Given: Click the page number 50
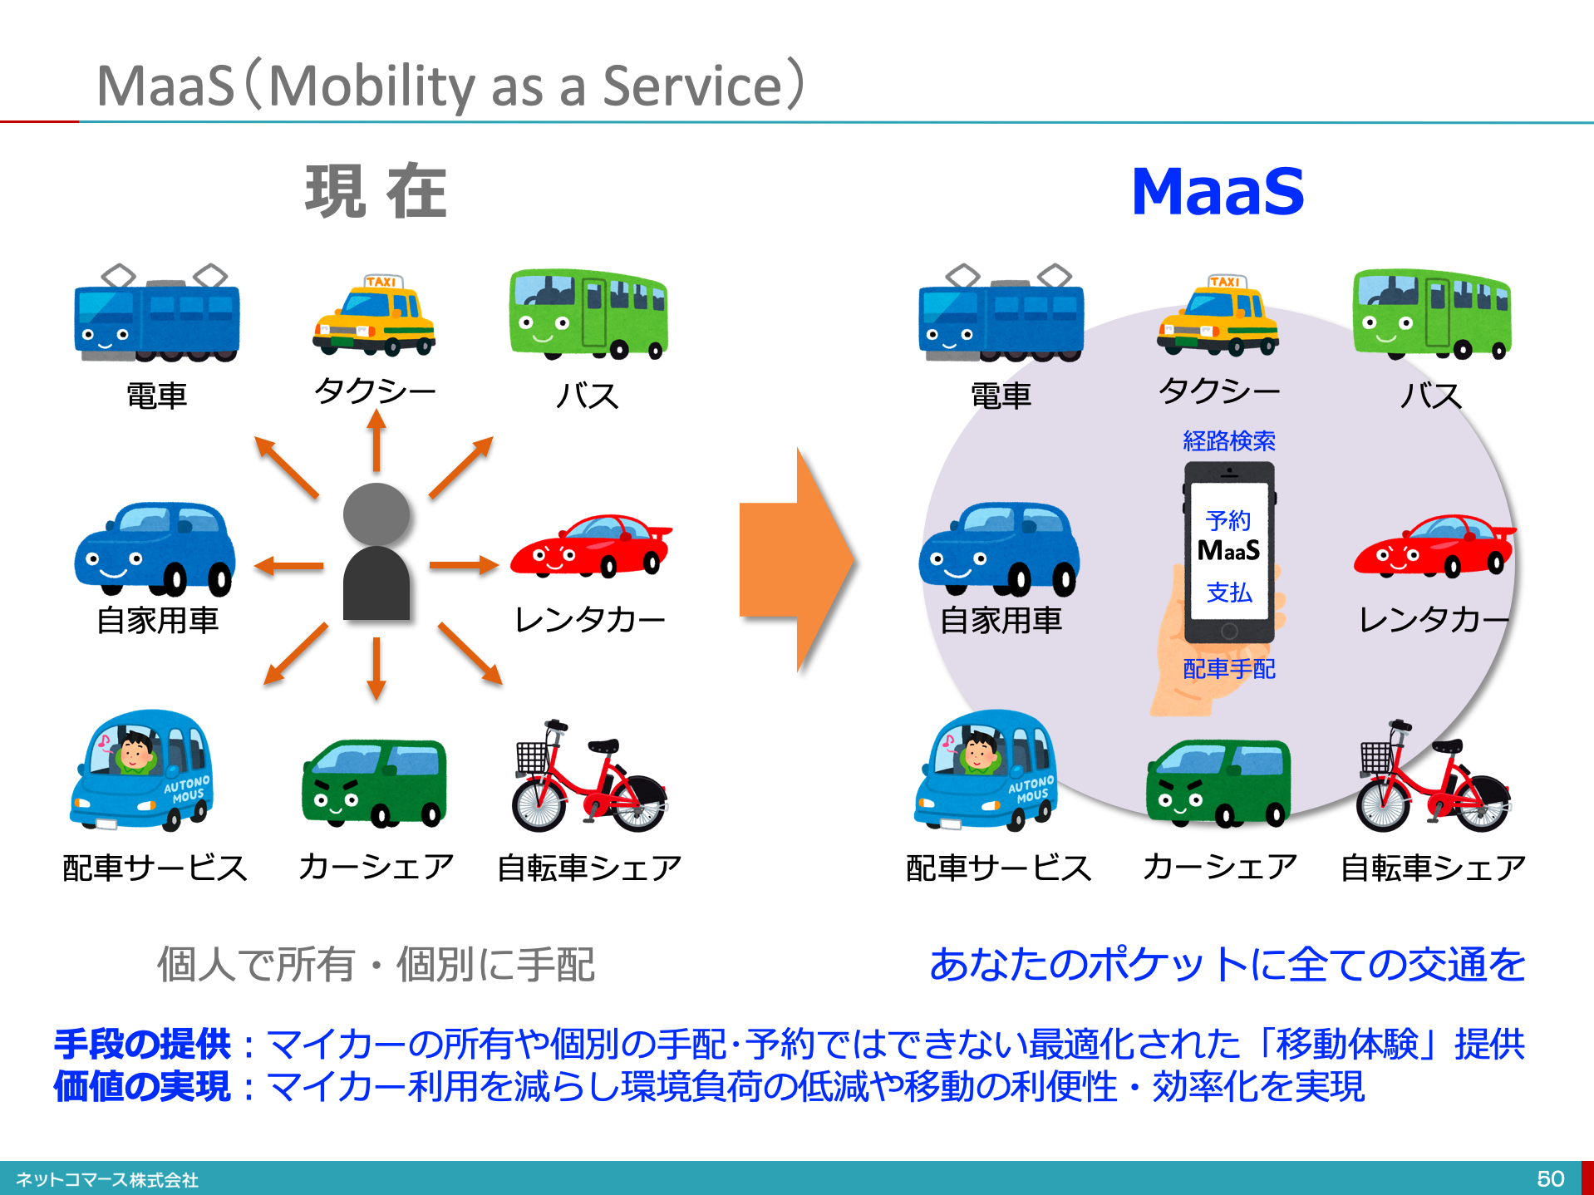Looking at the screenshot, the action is click(1550, 1178).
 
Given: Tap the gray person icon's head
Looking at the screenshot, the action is click(376, 514).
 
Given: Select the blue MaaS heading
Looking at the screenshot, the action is click(1218, 192).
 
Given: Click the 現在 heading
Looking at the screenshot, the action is click(376, 192).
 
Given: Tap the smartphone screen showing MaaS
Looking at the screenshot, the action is click(1229, 552).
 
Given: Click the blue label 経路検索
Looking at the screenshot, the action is click(1229, 440).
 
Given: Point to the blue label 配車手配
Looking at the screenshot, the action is click(1229, 669).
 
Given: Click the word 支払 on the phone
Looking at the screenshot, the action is click(1229, 593).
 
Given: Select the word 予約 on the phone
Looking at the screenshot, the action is click(1229, 521).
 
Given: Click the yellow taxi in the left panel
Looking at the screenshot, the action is click(374, 316).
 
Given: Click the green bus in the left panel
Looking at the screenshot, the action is click(588, 313).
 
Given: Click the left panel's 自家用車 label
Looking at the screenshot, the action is click(157, 620).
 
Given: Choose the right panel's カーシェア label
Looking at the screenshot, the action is click(1219, 867).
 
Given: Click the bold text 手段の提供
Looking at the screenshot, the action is click(142, 1044).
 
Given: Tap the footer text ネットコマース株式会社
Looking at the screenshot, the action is click(107, 1179).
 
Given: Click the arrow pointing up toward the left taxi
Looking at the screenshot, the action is click(376, 441).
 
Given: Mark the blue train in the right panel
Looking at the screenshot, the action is click(1001, 313).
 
